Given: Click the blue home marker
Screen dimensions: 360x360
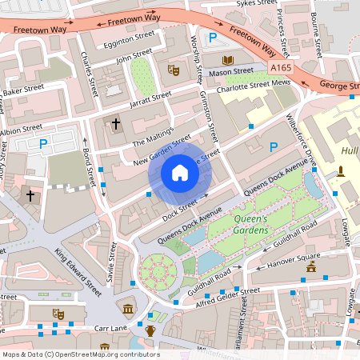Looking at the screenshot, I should point(179,173).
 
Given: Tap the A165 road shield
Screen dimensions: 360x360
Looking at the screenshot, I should point(281,69).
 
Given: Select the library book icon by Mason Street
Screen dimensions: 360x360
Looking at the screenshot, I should point(227,60).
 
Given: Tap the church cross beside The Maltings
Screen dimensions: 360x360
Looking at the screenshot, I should point(116,124).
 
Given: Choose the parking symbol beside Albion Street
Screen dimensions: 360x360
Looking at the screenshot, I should point(43,144).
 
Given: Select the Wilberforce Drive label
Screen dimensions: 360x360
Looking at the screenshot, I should point(302,141).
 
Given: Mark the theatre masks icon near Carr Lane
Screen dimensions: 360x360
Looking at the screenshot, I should point(57,313).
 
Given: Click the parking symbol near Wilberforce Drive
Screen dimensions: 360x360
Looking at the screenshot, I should point(274,146).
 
